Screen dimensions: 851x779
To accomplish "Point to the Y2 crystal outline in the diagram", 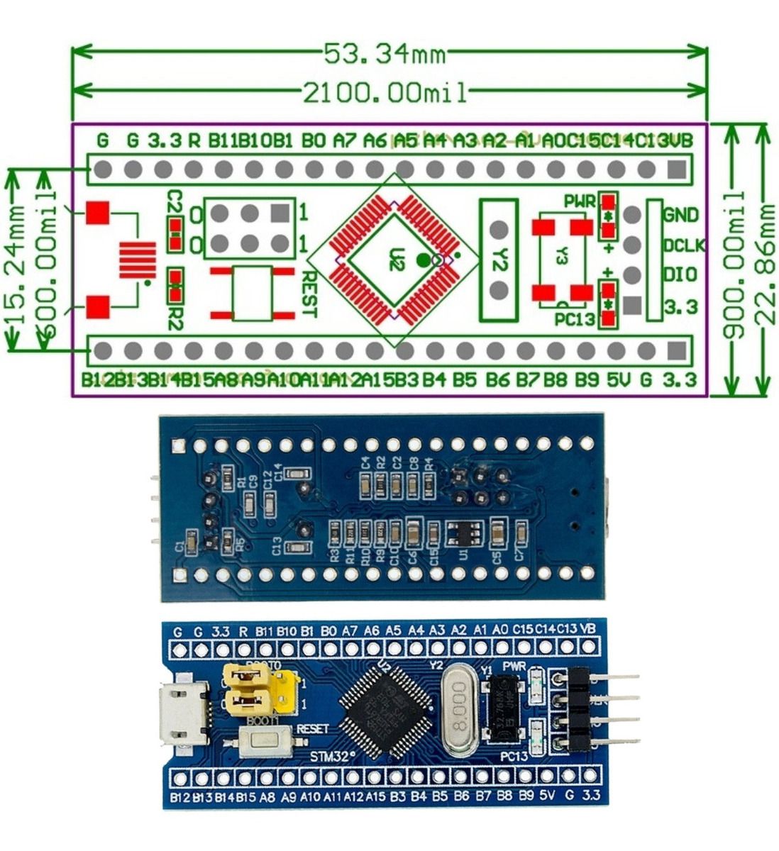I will (x=499, y=260).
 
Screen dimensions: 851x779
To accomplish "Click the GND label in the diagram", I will (x=680, y=214).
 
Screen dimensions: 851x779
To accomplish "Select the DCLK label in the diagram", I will (x=683, y=245).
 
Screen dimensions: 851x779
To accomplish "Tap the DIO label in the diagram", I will (x=680, y=275).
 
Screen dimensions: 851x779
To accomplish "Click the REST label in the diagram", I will (x=311, y=294).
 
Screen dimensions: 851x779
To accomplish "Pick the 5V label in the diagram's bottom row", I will (x=617, y=379).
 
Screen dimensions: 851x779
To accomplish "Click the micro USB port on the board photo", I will (x=185, y=713).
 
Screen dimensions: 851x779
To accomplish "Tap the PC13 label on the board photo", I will (x=514, y=757).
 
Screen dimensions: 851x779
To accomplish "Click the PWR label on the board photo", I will (x=513, y=667).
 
